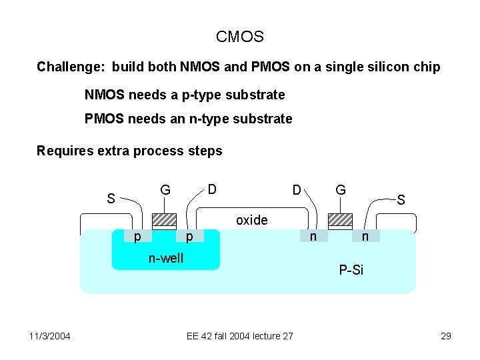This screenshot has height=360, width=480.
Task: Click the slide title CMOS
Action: coord(240,37)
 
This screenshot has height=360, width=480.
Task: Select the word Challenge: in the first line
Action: coord(72,67)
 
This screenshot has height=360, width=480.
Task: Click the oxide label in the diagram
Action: coord(252,220)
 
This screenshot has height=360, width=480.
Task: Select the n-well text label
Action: coord(165,258)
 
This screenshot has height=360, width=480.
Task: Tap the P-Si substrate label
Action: coord(351,270)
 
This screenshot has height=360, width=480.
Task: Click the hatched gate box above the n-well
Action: coord(164,221)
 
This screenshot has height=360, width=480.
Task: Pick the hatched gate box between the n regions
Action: coord(340,221)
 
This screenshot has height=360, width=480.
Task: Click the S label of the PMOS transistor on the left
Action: coord(112,199)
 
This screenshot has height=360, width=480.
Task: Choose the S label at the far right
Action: coord(401,199)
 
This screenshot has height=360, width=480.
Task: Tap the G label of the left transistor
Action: coord(165,191)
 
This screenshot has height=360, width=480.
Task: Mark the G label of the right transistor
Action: coord(340,190)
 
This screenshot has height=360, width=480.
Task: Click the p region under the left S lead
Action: coord(137,236)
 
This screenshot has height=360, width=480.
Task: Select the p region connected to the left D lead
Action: coord(189,236)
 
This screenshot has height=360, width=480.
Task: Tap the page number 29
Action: coord(446,336)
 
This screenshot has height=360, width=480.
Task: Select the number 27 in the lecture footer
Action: coord(287,336)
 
